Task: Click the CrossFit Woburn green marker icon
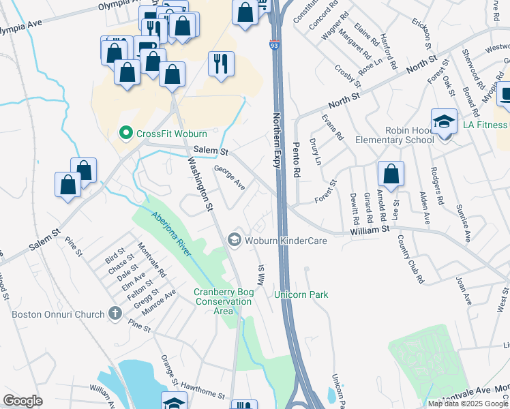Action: [x=125, y=133]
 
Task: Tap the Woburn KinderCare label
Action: [x=286, y=241]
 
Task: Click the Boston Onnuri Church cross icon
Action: [x=115, y=314]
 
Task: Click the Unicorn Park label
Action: [x=301, y=294]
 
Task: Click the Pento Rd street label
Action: [x=297, y=161]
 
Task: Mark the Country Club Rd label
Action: [x=410, y=260]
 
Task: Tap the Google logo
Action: [x=23, y=400]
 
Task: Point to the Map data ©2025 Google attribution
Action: [x=468, y=403]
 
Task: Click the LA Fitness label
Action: [x=485, y=125]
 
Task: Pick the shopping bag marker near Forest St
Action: [x=391, y=175]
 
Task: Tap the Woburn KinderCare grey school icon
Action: [x=235, y=239]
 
